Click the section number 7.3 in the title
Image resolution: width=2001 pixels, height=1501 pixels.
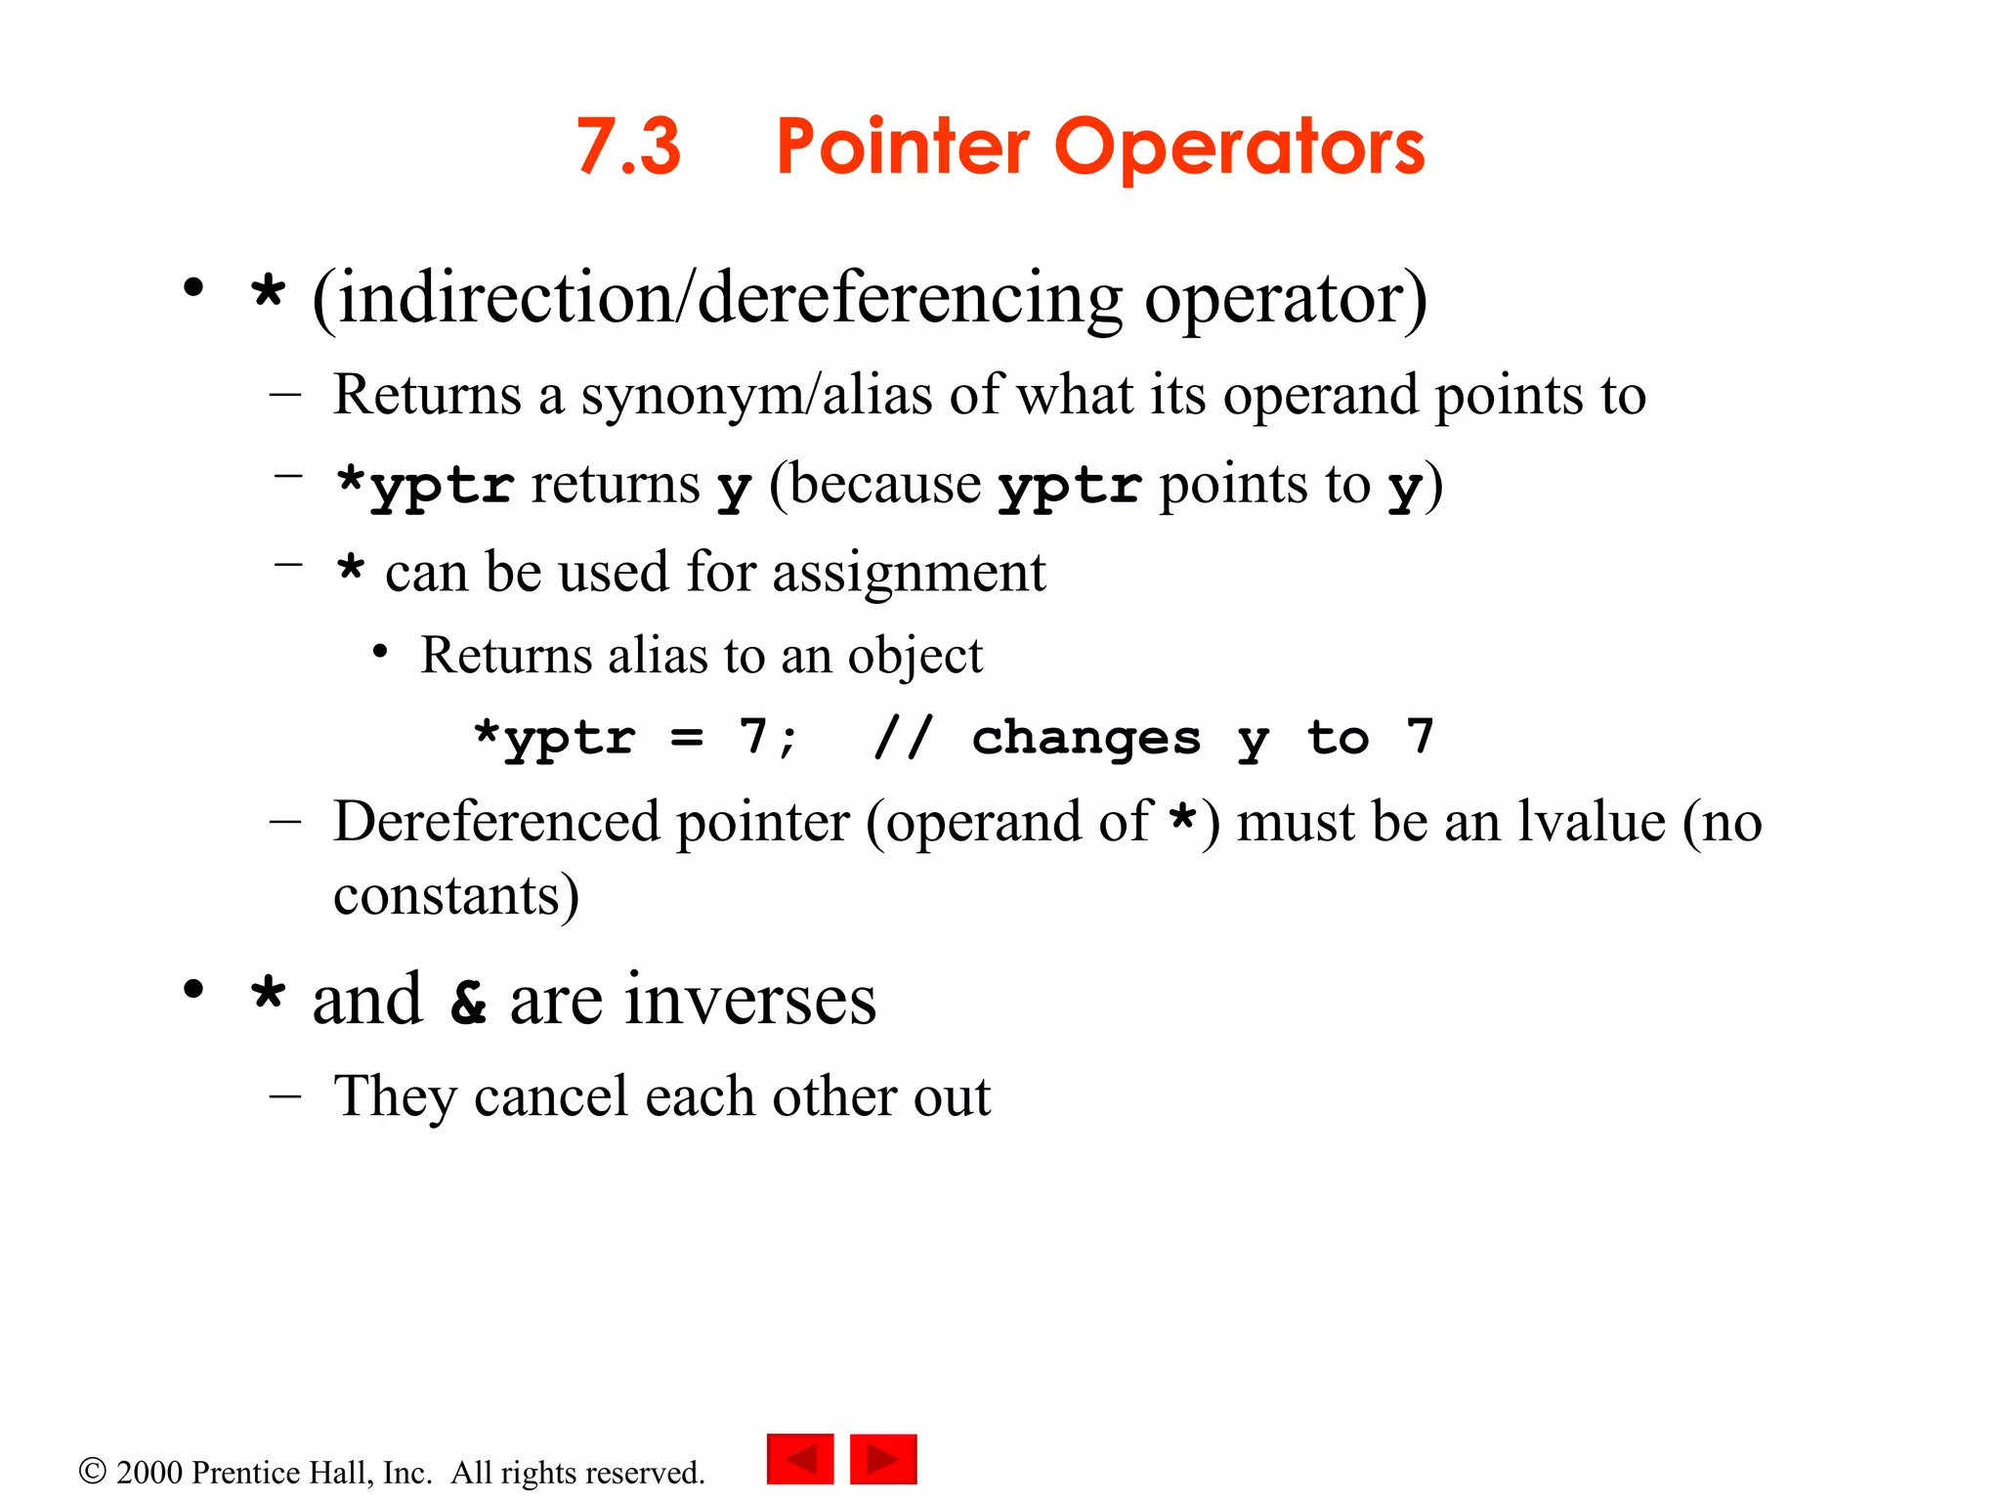point(628,147)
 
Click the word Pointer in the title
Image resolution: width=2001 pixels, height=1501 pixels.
point(903,147)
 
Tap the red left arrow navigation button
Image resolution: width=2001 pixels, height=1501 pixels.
point(800,1459)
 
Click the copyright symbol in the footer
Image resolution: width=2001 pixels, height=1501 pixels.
point(92,1471)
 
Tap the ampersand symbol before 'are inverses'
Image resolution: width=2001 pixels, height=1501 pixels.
point(468,1002)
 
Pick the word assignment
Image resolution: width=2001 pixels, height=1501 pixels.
point(909,573)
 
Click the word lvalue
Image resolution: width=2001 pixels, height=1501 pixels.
point(1591,821)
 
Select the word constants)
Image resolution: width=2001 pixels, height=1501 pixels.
point(456,895)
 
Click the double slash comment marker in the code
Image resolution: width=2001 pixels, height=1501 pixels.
point(904,737)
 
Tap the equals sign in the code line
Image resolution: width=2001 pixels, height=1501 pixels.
point(687,739)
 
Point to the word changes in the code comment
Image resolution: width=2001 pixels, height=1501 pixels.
point(1086,739)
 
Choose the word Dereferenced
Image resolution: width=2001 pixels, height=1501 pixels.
point(495,821)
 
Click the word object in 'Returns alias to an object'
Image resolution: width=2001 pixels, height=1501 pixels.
point(915,656)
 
